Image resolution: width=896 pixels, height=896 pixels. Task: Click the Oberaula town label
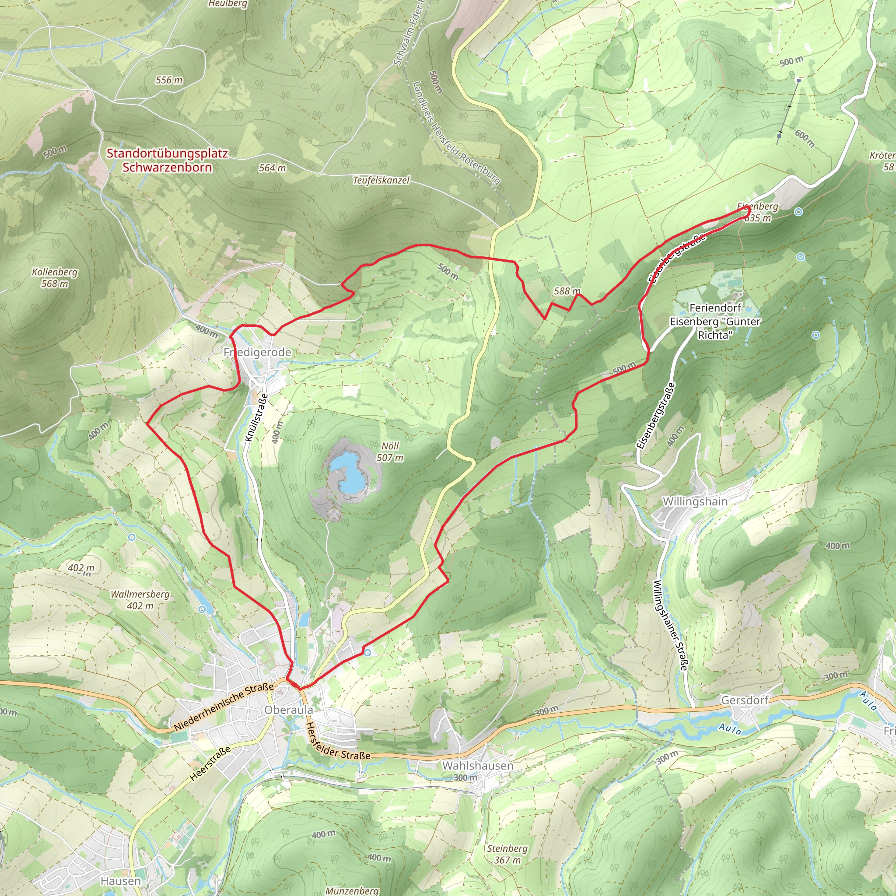pyautogui.click(x=288, y=710)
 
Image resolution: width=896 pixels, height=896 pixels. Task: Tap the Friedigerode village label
pyautogui.click(x=257, y=353)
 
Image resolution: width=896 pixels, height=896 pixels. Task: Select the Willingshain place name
pyautogui.click(x=695, y=501)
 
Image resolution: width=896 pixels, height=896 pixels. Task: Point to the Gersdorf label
pyautogui.click(x=745, y=700)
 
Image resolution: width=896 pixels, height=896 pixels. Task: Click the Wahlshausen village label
pyautogui.click(x=478, y=766)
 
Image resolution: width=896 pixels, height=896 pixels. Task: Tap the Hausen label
pyautogui.click(x=121, y=881)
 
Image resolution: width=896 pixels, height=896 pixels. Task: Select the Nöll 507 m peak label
pyautogui.click(x=389, y=451)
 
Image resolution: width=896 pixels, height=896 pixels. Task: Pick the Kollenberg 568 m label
pyautogui.click(x=55, y=278)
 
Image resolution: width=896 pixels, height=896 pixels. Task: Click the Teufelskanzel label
pyautogui.click(x=381, y=180)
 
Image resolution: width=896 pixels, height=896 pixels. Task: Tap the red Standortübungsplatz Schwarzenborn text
pyautogui.click(x=167, y=161)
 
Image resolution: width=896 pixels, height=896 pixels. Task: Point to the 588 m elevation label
pyautogui.click(x=567, y=291)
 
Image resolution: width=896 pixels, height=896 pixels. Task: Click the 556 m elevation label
pyautogui.click(x=169, y=80)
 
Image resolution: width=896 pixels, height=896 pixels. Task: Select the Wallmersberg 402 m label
pyautogui.click(x=140, y=600)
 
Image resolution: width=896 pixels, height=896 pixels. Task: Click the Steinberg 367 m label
pyautogui.click(x=507, y=854)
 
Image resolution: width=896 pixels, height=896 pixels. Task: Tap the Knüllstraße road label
pyautogui.click(x=256, y=418)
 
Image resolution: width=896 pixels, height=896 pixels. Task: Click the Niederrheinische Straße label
pyautogui.click(x=224, y=707)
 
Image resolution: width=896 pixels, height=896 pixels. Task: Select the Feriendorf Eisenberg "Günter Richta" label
pyautogui.click(x=715, y=322)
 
